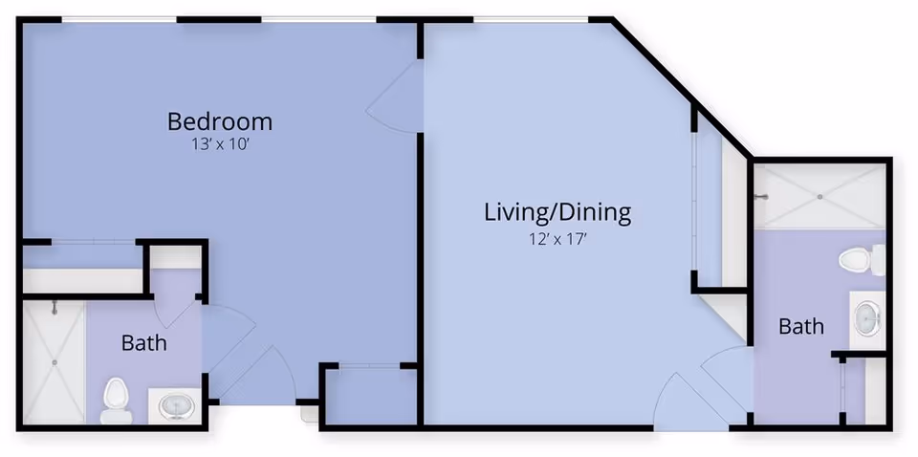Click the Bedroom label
point(220,121)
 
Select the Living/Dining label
point(557,212)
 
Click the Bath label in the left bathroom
point(144,342)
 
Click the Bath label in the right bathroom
point(800,327)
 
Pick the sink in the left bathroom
point(176,405)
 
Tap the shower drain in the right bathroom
point(820,196)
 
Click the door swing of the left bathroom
point(227,335)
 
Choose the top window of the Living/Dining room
point(531,19)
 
